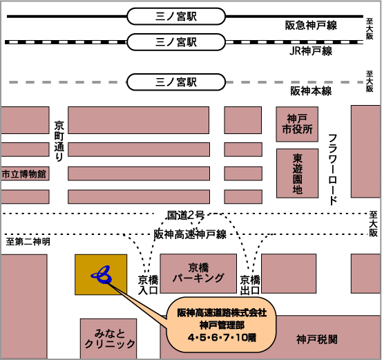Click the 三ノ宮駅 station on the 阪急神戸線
176,17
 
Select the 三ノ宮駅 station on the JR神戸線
176,42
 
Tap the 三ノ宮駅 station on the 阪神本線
176,82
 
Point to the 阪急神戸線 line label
311,26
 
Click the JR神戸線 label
311,51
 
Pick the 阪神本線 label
311,91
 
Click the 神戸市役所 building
297,124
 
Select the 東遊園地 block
298,173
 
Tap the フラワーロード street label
332,170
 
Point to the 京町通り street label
59,141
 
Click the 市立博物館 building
24,173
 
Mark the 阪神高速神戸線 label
190,234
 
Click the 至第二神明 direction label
28,242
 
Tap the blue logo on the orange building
102,275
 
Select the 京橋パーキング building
198,274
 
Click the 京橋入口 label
148,285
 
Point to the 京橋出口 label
249,285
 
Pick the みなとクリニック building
108,339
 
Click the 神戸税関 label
317,339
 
